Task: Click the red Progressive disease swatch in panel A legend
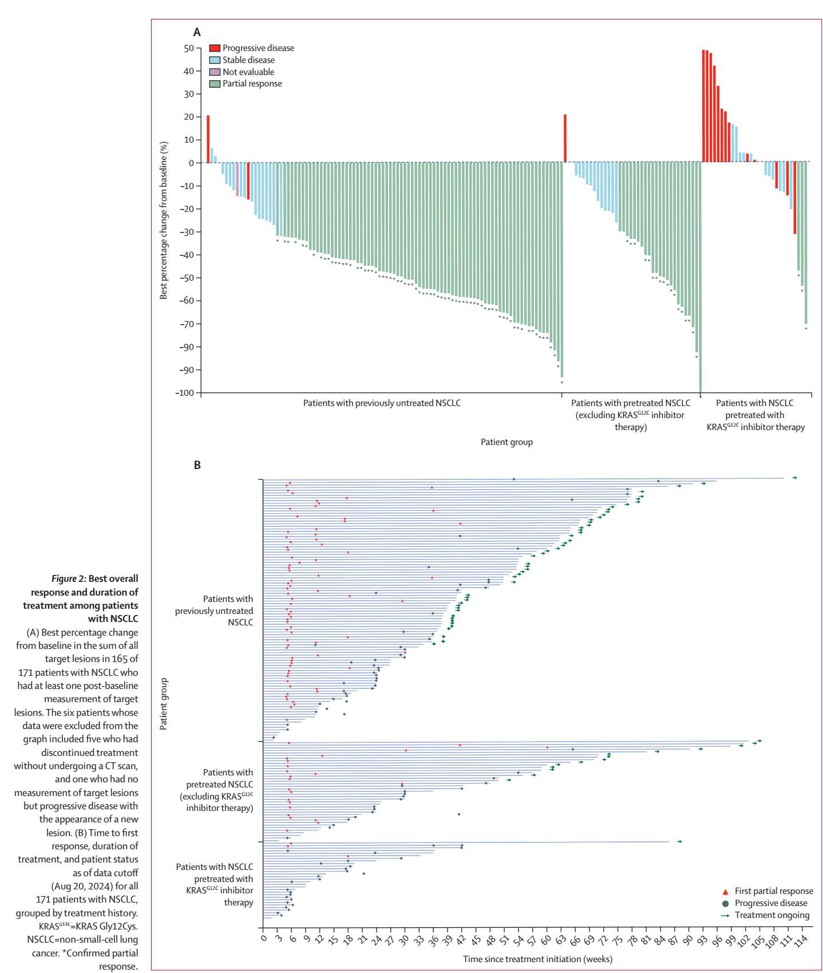[215, 48]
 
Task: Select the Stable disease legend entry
[248, 60]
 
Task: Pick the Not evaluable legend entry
[248, 72]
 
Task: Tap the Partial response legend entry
[252, 84]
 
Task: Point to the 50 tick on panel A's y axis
[189, 48]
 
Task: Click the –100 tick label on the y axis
[185, 393]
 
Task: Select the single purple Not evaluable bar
[238, 179]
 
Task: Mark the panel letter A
[197, 33]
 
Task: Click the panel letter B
[197, 465]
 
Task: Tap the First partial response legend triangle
[726, 892]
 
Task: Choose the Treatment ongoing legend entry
[771, 915]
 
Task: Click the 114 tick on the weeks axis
[801, 940]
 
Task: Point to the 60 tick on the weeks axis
[547, 940]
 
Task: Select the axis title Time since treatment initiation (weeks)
[537, 959]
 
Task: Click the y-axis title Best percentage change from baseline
[164, 220]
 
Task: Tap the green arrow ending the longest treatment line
[794, 478]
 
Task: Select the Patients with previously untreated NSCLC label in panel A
[382, 403]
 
